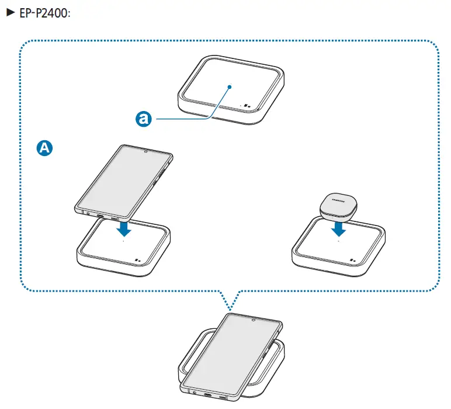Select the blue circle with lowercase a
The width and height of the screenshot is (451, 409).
[143, 119]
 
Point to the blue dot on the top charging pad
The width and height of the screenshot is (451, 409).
[231, 86]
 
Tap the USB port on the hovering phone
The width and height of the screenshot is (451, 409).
[101, 217]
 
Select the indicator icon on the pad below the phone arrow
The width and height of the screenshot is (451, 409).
[138, 261]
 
